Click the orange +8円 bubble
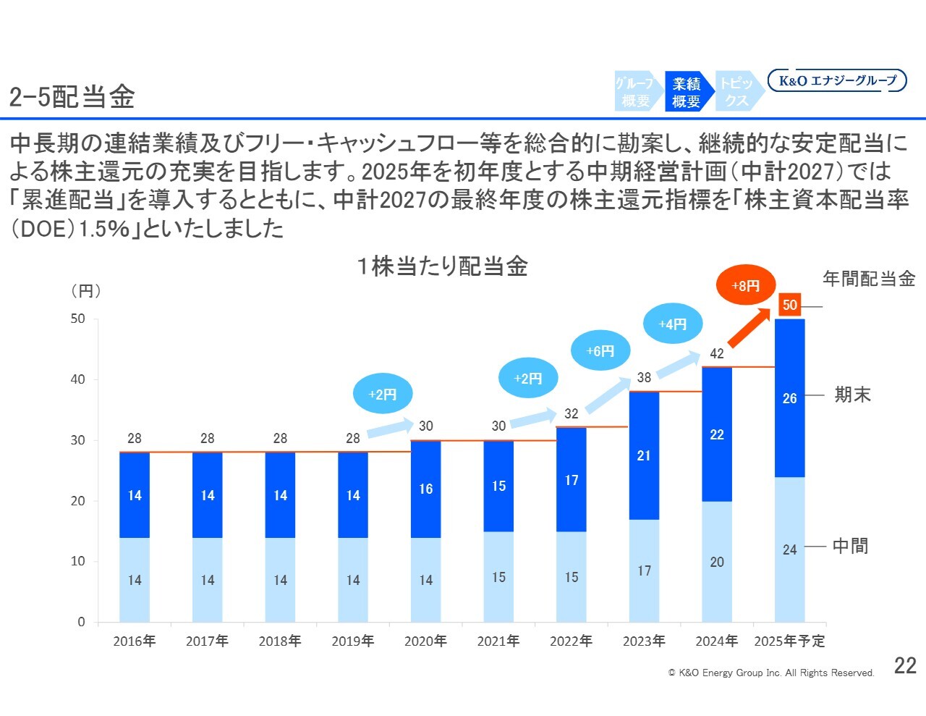point(746,286)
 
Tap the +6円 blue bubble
point(600,350)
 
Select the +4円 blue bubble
point(673,324)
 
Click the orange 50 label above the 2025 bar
point(789,305)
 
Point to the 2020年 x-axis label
point(425,641)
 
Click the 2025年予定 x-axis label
point(789,641)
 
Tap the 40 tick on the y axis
point(77,379)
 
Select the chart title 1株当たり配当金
point(442,266)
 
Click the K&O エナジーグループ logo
point(837,80)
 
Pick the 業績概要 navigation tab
point(687,92)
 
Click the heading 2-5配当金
point(72,97)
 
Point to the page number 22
point(905,666)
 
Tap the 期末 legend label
point(852,395)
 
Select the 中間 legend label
point(851,546)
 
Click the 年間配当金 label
point(869,279)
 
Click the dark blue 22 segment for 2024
point(717,434)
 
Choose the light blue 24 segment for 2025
point(789,549)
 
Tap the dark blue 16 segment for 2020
point(425,489)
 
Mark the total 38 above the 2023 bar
point(644,377)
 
